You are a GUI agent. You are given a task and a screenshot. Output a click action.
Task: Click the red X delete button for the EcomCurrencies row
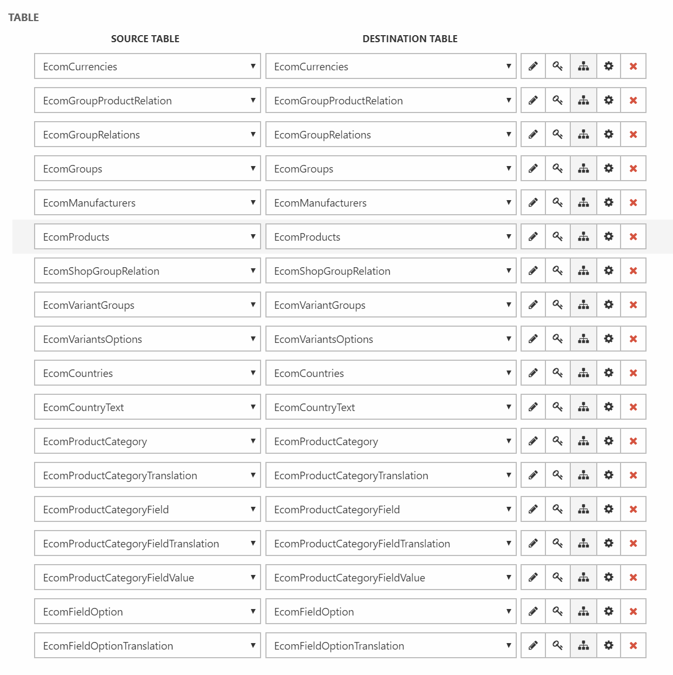point(633,67)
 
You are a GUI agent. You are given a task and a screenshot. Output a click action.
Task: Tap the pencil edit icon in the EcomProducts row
point(533,237)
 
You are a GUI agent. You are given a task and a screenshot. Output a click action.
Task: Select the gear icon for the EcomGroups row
point(609,169)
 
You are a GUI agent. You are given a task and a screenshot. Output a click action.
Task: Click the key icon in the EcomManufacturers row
point(558,203)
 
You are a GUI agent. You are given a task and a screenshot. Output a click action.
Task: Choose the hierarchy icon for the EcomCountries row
point(583,373)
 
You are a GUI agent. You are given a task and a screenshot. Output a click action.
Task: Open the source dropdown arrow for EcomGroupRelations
point(252,134)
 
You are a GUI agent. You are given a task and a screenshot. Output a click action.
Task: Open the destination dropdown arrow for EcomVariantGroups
point(508,305)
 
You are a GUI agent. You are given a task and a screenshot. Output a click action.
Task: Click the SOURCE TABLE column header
point(145,39)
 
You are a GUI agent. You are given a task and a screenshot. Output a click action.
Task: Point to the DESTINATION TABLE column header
point(410,39)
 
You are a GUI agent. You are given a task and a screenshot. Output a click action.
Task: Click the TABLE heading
point(24,17)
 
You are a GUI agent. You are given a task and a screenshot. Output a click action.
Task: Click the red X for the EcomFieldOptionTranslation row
point(633,646)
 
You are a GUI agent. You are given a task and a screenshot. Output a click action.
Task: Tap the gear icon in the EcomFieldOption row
point(609,612)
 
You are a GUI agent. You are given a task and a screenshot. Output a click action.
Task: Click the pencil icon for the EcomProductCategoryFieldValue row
point(533,578)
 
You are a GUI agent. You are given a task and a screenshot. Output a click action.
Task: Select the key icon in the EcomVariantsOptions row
point(558,339)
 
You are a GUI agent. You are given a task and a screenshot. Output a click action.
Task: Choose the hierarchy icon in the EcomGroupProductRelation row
point(583,101)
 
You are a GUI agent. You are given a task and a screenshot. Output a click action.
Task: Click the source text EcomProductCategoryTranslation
point(120,475)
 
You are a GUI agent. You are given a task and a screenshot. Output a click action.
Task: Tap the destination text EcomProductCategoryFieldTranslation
point(362,544)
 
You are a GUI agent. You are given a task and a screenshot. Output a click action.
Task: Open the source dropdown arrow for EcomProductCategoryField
point(252,509)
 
